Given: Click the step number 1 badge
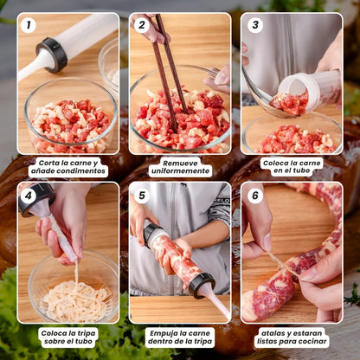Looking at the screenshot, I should (29, 25).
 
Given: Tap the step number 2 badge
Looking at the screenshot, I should (142, 25).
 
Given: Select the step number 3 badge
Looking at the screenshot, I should (254, 25).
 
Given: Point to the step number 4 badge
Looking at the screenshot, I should (29, 196).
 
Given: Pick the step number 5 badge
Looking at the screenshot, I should (142, 196).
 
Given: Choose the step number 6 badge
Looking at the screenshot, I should (254, 196).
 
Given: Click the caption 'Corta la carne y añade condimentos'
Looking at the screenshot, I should (68, 167).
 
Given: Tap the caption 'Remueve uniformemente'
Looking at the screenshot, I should (180, 167).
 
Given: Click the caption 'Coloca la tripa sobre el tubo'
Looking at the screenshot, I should (68, 337).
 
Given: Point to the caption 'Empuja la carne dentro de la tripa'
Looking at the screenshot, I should (180, 337).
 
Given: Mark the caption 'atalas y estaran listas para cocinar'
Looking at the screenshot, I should (292, 337).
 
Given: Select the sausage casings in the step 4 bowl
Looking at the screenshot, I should (73, 299).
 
